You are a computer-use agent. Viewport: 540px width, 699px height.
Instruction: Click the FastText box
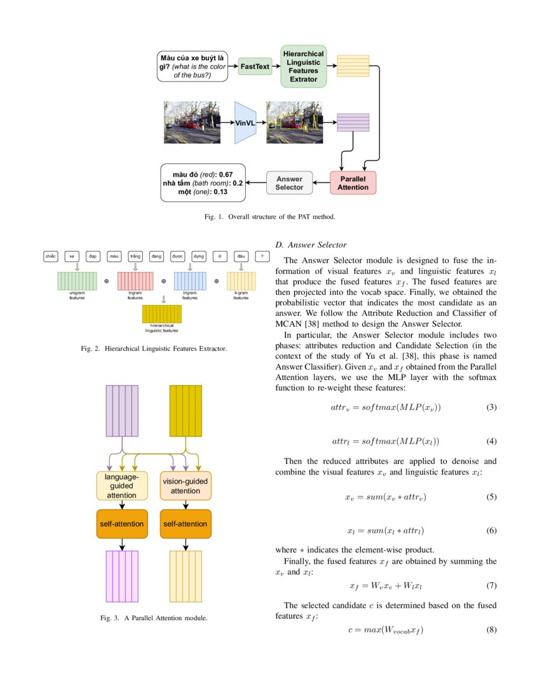pos(255,66)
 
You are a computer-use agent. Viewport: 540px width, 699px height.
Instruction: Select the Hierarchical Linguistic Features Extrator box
pos(303,66)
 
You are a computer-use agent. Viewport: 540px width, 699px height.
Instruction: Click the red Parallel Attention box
pos(353,183)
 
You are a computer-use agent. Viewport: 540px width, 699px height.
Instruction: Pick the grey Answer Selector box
pos(290,183)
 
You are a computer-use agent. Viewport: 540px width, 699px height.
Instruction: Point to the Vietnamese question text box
pos(192,66)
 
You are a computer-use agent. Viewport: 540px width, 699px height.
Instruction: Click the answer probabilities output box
pos(203,183)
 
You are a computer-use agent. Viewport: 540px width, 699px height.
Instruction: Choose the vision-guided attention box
pos(186,485)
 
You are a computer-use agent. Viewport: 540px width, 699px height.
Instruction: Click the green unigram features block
pos(77,281)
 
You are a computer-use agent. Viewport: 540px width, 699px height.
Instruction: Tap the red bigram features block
pos(135,281)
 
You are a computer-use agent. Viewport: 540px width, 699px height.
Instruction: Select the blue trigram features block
pos(190,281)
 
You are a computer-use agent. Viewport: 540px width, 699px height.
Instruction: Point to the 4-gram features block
pos(241,281)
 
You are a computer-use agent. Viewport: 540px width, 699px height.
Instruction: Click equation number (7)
pos(491,585)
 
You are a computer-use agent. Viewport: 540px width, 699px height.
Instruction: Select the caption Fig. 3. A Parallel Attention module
pos(154,618)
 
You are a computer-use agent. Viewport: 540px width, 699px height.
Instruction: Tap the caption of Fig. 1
pos(269,217)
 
